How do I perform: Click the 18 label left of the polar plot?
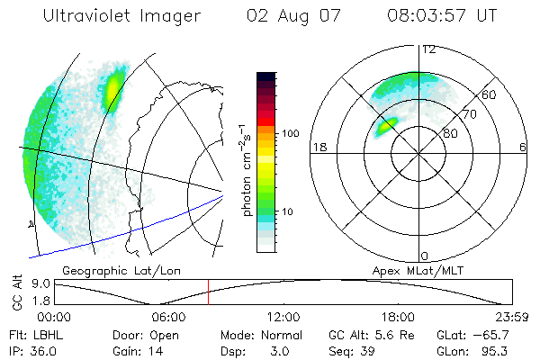click(x=318, y=146)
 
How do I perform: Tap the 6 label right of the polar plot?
click(x=523, y=146)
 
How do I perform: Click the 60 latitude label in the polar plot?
click(x=490, y=94)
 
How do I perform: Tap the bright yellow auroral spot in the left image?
click(x=114, y=88)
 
